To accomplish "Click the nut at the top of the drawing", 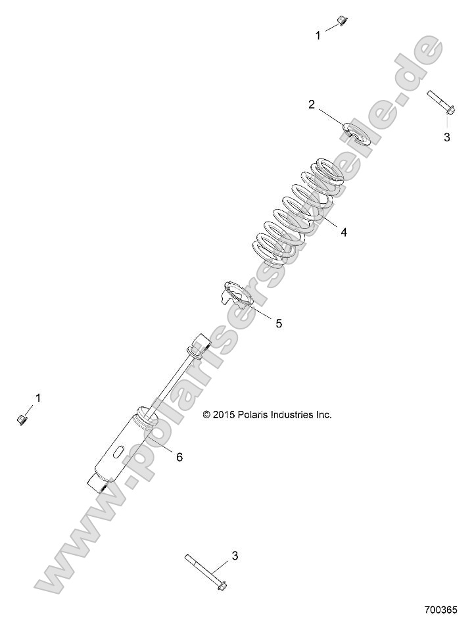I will (341, 21).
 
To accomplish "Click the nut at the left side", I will (21, 418).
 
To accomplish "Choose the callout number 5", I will (279, 323).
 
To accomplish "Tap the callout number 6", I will (179, 457).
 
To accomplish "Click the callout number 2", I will (312, 104).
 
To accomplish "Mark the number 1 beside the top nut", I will (319, 36).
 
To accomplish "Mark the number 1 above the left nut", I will (38, 397).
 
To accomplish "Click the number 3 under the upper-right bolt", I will (447, 137).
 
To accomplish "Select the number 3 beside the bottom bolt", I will (235, 556).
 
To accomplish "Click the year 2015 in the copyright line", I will (222, 415).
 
